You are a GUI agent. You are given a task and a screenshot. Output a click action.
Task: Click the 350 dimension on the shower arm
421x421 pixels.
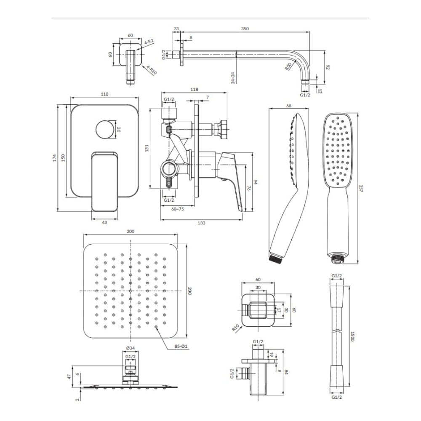tap(245, 29)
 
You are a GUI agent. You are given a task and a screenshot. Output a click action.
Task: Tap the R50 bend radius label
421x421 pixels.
tap(288, 67)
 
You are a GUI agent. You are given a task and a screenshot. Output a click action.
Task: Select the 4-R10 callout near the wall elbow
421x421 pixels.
tap(152, 70)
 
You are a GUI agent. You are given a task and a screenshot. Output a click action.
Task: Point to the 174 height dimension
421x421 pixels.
tap(54, 157)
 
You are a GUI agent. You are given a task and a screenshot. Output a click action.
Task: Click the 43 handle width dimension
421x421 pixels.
tap(104, 222)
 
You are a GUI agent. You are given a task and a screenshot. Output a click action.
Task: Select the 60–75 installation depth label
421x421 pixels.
tap(178, 209)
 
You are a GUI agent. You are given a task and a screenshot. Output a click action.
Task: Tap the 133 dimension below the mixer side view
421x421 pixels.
tap(201, 223)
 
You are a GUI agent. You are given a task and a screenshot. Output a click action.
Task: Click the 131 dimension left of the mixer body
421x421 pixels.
tap(147, 148)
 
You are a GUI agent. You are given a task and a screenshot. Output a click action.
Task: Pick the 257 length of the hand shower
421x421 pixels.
tap(361, 188)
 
